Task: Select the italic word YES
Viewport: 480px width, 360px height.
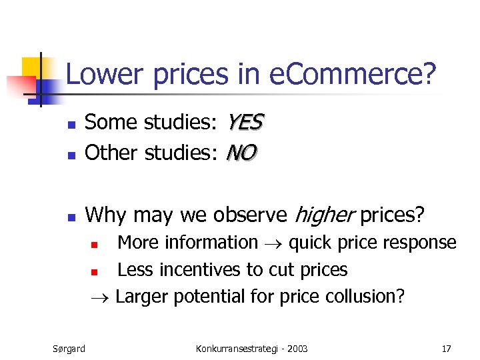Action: [245, 122]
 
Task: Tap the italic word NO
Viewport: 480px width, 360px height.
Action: [241, 153]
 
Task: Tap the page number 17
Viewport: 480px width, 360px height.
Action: [446, 348]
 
